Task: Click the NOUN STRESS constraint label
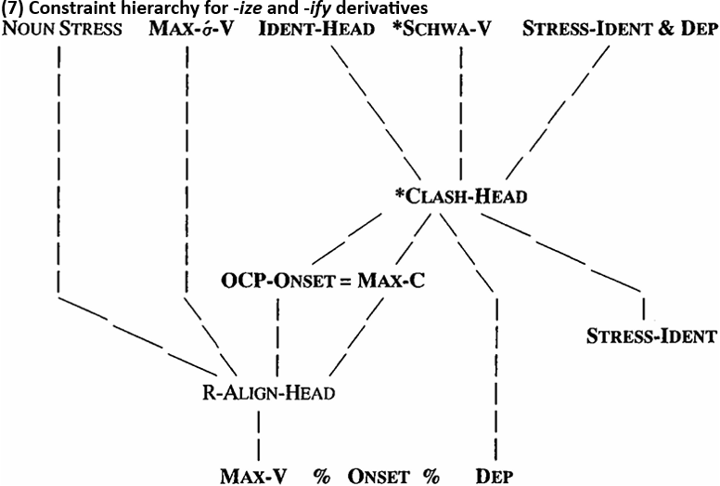62,29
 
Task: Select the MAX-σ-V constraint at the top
191,29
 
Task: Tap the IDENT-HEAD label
316,29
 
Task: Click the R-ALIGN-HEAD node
270,391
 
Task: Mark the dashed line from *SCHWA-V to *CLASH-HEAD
460,112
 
